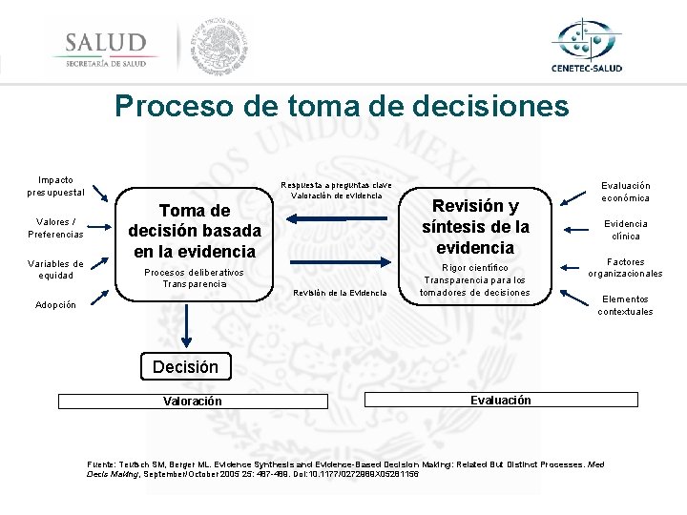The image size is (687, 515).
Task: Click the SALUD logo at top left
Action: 105,48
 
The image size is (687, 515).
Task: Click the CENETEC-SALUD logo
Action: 586,46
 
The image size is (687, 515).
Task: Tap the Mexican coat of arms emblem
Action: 219,46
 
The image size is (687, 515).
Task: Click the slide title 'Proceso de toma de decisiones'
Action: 342,105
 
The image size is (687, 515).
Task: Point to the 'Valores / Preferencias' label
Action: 55,228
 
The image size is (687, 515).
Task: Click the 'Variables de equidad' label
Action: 55,269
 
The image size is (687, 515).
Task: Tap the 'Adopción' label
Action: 55,306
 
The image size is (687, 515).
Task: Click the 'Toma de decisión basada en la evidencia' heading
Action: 195,231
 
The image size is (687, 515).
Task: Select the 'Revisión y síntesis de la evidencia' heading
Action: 475,226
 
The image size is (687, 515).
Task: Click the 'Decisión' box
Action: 185,366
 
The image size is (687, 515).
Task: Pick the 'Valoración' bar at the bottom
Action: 192,402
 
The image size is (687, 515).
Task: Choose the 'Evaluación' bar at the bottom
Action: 500,401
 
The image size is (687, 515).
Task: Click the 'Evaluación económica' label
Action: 625,192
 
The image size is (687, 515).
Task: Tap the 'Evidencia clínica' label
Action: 625,230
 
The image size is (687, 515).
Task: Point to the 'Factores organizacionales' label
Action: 625,268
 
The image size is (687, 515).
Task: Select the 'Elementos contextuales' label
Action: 625,305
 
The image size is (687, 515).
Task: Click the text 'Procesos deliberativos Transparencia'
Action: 195,278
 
